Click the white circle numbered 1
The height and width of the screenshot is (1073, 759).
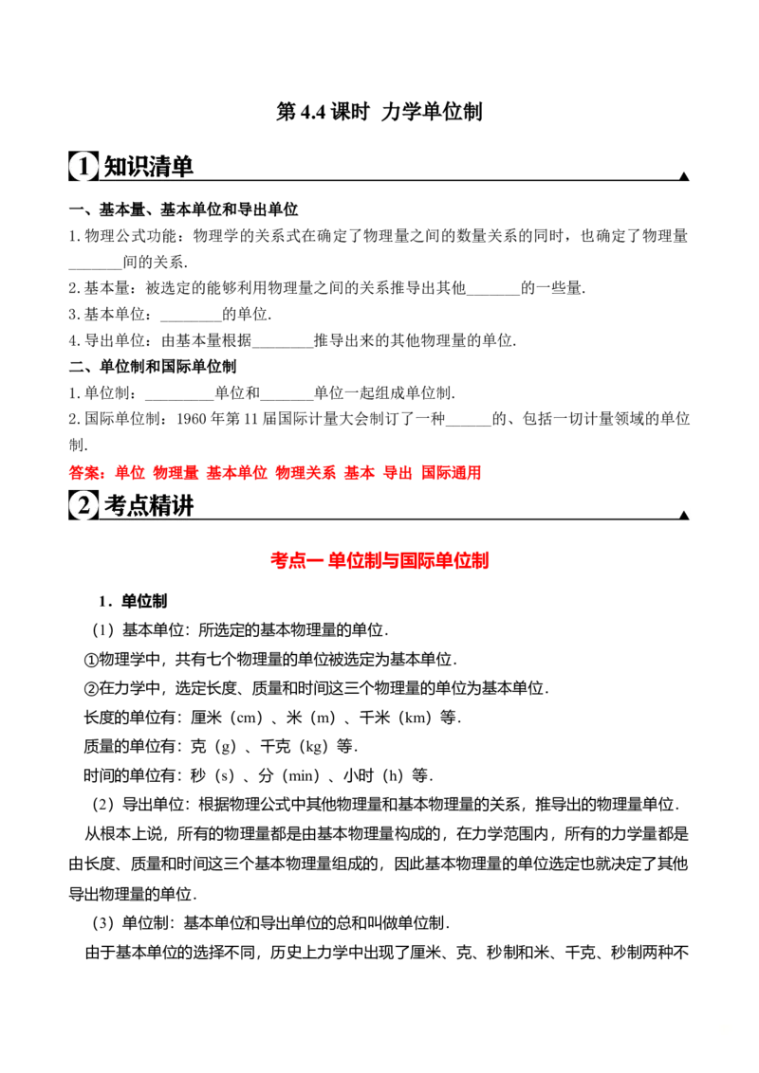[83, 167]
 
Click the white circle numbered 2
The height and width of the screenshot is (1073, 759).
[83, 507]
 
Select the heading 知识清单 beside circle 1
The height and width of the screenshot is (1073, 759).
[148, 167]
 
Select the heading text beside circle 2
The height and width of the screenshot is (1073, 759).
[148, 506]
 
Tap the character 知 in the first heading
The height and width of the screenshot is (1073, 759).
[114, 167]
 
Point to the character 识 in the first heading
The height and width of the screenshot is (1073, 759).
[137, 167]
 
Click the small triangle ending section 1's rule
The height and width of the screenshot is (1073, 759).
[683, 174]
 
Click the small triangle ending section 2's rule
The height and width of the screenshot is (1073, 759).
[683, 513]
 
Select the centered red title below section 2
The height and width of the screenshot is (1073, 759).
[379, 562]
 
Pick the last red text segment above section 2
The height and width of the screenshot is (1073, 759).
[453, 472]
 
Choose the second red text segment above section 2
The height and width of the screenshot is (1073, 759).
[124, 472]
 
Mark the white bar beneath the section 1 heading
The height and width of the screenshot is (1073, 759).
[414, 185]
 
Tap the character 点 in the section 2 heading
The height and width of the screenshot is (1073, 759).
[137, 506]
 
